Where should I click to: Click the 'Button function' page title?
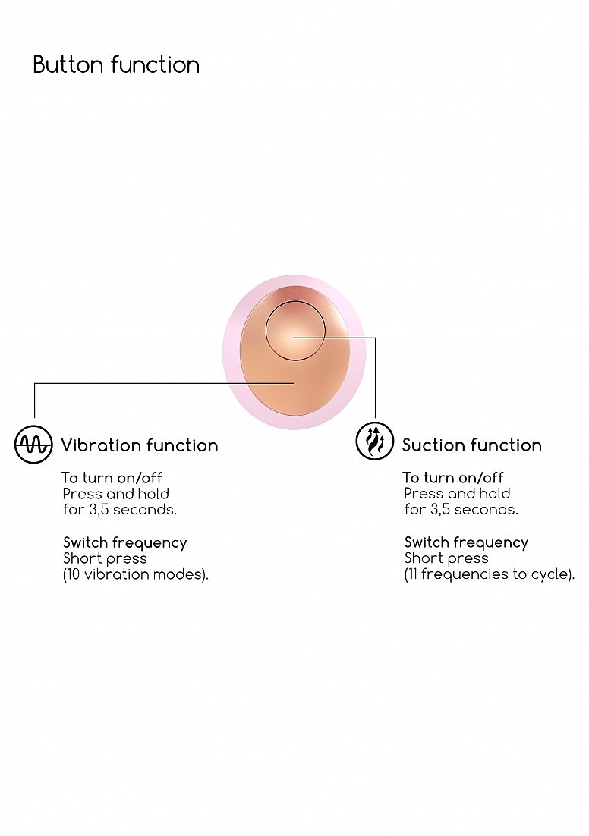tap(116, 64)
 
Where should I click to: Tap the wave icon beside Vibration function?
tap(33, 444)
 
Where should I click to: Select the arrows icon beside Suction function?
tap(375, 442)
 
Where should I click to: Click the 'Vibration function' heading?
tap(139, 445)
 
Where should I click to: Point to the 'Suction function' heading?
tap(471, 445)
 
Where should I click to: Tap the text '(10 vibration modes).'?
tap(136, 574)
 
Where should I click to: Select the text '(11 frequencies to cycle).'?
tap(490, 574)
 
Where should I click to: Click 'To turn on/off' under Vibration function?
tap(112, 478)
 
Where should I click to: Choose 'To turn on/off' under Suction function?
tap(453, 478)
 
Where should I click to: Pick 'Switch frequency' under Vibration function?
tap(124, 542)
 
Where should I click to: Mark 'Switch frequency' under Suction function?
tap(466, 542)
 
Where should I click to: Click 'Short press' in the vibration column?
tap(105, 559)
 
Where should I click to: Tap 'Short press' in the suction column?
tap(446, 559)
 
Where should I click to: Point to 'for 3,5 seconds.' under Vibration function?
tap(119, 510)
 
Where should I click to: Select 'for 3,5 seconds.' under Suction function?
tap(461, 510)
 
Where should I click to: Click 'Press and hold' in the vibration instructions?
tap(116, 494)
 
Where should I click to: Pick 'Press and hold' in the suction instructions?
tap(457, 494)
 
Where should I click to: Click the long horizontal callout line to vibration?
tap(164, 383)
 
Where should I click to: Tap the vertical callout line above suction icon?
tap(375, 378)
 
